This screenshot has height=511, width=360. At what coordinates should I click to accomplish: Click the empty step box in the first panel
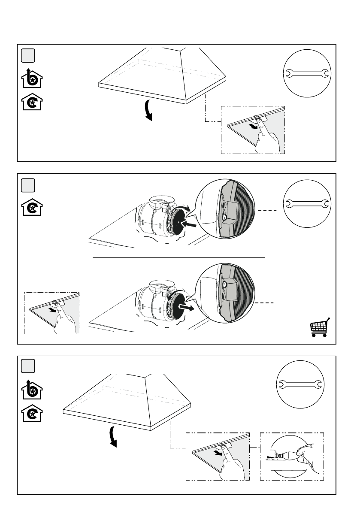coord(28,55)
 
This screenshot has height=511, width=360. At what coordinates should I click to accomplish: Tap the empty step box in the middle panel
coord(28,185)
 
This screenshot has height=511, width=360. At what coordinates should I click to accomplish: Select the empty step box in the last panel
coord(28,366)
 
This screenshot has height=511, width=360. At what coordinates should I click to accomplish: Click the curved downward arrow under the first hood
coord(148,110)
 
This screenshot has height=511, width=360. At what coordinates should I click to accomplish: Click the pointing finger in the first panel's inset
coord(269,138)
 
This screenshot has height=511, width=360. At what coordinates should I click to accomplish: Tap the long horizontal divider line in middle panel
coord(179,258)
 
